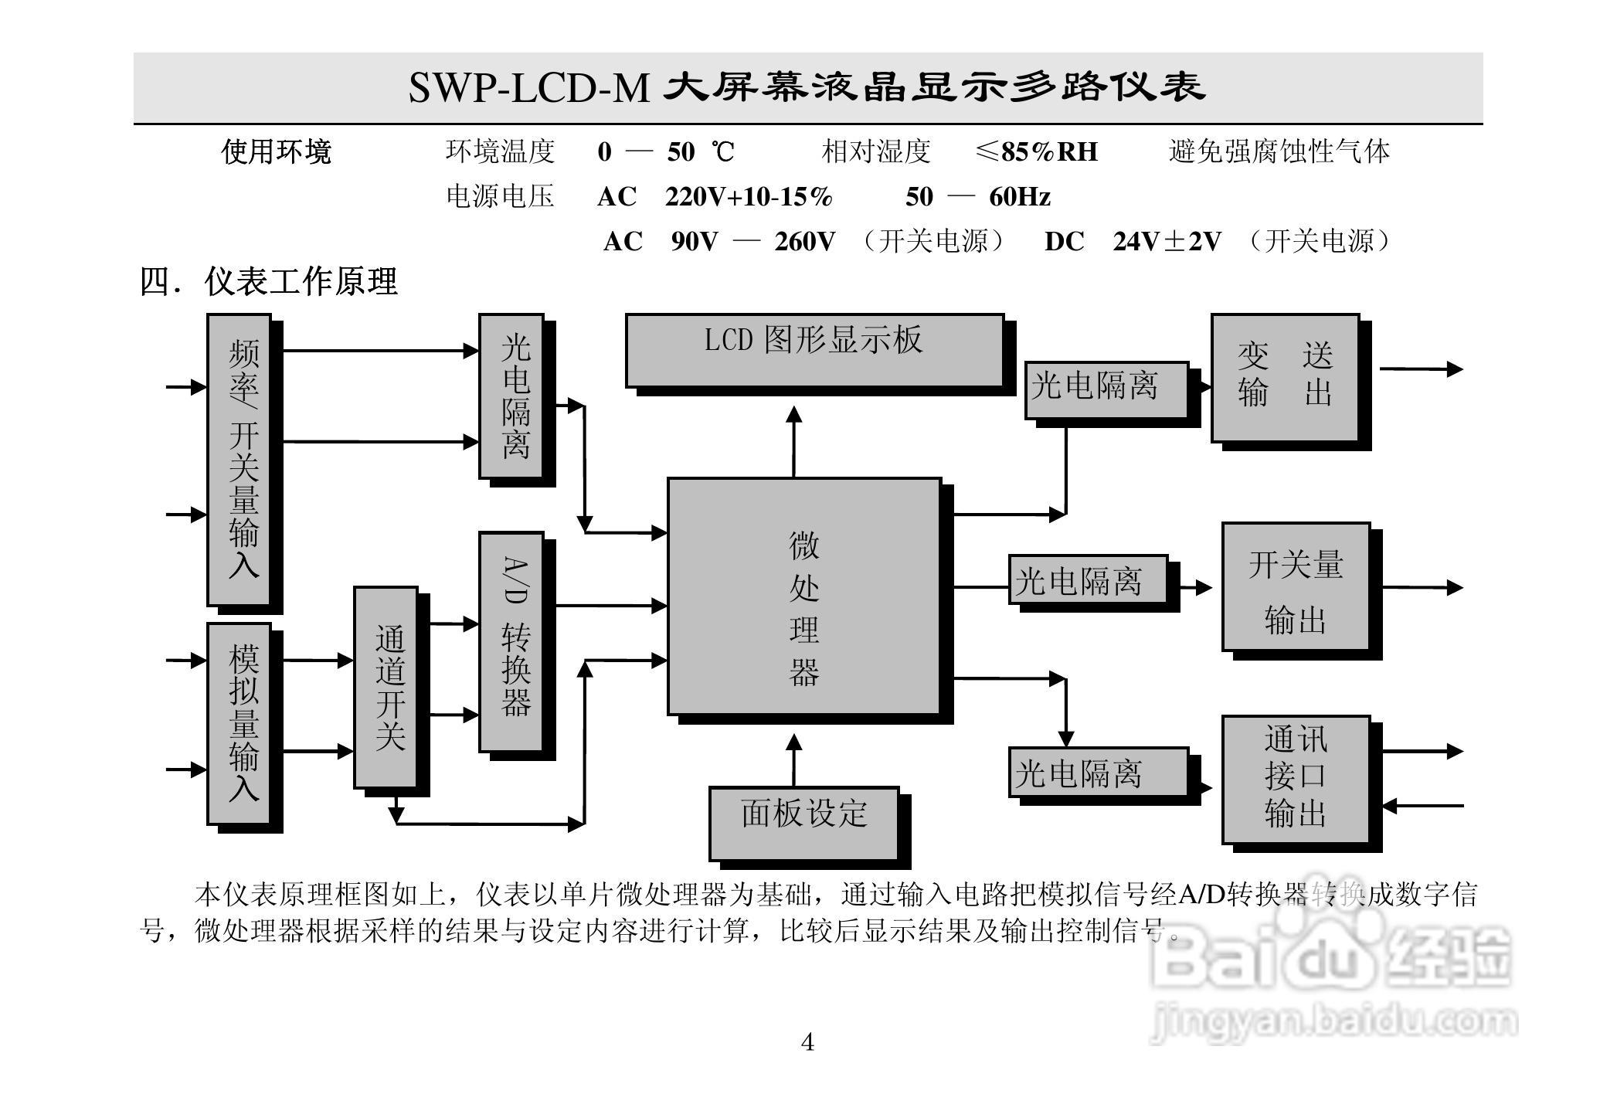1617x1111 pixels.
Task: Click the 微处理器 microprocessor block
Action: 804,596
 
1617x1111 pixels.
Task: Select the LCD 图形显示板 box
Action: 814,350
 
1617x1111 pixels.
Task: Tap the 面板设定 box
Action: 804,822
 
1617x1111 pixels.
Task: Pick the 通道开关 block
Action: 386,687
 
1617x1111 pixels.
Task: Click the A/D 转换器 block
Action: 511,641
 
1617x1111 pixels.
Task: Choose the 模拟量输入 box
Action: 239,723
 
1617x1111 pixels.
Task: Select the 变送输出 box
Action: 1285,378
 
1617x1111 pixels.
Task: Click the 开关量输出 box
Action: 1296,586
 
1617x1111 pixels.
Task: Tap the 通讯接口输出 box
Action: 1296,779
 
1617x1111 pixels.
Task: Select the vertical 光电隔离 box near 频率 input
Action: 511,396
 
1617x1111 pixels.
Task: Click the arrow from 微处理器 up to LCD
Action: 794,440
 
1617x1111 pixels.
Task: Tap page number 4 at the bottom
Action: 807,1043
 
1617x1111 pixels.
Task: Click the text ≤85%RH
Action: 1037,152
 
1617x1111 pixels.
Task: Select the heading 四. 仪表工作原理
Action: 269,282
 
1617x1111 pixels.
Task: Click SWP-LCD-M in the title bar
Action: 529,87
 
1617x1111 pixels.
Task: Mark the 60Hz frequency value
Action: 1020,197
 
